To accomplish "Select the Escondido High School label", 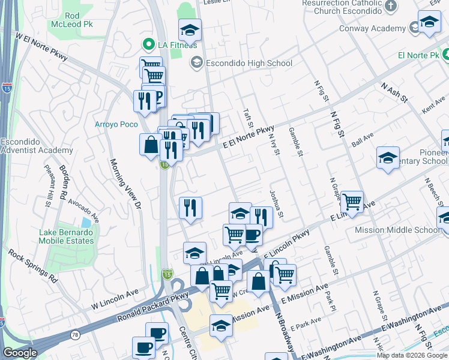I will [x=248, y=63].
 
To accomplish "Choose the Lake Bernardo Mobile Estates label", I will [x=66, y=236].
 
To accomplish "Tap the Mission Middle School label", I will [x=405, y=230].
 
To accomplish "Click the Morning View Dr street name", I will [x=124, y=183].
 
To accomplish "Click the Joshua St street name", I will [x=276, y=204].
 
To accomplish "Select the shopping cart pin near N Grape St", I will [x=352, y=202].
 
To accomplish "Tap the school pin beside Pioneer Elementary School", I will [x=388, y=158].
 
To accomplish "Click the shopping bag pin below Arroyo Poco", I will [x=150, y=145].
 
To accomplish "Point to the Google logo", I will [x=20, y=353].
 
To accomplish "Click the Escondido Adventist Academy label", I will [x=28, y=146].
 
